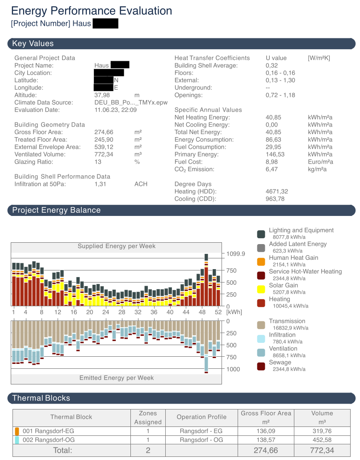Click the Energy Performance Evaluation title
pyautogui.click(x=92, y=11)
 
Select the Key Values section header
pyautogui.click(x=33, y=43)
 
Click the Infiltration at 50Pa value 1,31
pyautogui.click(x=101, y=184)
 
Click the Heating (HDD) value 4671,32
pyautogui.click(x=276, y=191)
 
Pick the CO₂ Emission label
pyautogui.click(x=194, y=169)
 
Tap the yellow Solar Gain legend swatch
pyautogui.click(x=261, y=289)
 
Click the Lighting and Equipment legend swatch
pyautogui.click(x=261, y=234)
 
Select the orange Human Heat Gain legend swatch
pyautogui.click(x=261, y=262)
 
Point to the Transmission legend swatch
pyautogui.click(x=261, y=325)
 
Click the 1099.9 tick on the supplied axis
pyautogui.click(x=236, y=253)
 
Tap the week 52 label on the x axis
pyautogui.click(x=218, y=312)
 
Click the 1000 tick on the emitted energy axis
pyautogui.click(x=234, y=369)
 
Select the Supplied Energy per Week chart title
pyautogui.click(x=116, y=246)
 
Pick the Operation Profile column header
pyautogui.click(x=201, y=417)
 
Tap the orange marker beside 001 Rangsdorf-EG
pyautogui.click(x=17, y=431)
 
